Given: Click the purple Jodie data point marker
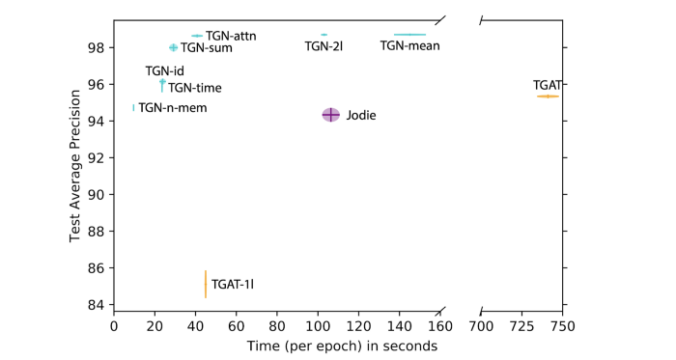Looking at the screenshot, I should click(330, 115).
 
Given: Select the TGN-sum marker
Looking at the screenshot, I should click(174, 47).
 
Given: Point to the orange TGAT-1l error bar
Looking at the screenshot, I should click(206, 284).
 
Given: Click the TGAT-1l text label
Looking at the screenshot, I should click(233, 285).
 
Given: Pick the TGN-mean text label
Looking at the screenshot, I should click(409, 45).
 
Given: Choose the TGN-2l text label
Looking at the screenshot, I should click(324, 45).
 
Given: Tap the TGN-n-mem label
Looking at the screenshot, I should click(173, 108).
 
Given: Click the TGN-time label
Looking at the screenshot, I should click(195, 88).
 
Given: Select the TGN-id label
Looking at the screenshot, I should click(164, 71).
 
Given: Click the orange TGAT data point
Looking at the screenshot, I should click(548, 97).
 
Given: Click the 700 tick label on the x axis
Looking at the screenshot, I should click(481, 327).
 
